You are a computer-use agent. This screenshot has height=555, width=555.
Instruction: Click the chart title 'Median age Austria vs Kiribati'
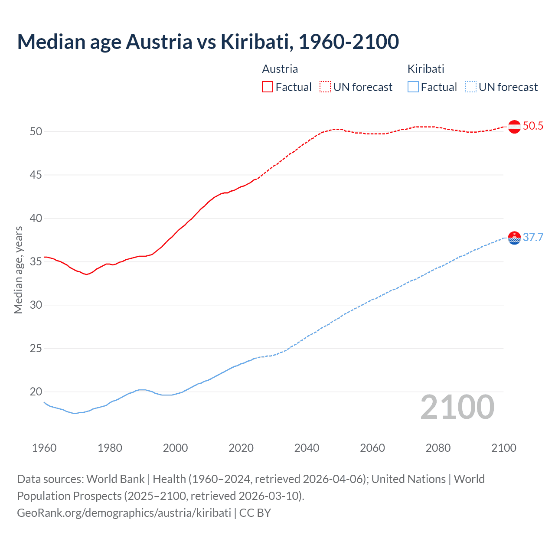(x=208, y=42)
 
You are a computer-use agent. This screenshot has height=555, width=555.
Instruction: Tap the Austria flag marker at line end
(x=514, y=127)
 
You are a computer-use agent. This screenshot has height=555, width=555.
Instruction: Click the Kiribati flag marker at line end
(x=514, y=238)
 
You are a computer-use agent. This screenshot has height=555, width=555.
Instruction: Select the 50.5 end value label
(x=533, y=126)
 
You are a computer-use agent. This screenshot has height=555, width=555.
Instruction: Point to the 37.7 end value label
(x=533, y=238)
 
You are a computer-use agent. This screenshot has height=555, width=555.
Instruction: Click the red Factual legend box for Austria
(x=268, y=87)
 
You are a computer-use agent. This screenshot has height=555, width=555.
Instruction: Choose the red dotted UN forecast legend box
(x=325, y=87)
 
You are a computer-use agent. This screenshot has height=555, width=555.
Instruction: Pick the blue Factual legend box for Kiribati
(x=413, y=87)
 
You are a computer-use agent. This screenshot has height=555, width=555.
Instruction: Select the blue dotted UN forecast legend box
(x=470, y=87)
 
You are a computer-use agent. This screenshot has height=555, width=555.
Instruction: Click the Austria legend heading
(x=280, y=69)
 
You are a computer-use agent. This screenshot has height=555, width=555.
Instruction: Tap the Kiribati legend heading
(x=426, y=69)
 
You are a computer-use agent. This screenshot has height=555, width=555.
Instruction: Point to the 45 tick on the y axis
(x=36, y=175)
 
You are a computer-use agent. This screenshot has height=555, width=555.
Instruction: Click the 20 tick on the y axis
(x=36, y=392)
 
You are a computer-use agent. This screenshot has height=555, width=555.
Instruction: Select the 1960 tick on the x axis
(x=44, y=448)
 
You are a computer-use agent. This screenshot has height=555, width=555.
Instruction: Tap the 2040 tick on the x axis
(x=307, y=448)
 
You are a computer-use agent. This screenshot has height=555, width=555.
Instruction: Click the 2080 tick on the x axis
(x=438, y=448)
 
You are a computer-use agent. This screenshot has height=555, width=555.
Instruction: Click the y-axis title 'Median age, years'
(x=18, y=270)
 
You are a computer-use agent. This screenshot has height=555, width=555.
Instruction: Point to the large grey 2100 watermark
(x=457, y=407)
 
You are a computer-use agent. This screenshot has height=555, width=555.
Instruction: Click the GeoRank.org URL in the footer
(x=124, y=513)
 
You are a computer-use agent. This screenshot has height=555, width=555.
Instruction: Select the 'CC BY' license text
(x=255, y=513)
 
